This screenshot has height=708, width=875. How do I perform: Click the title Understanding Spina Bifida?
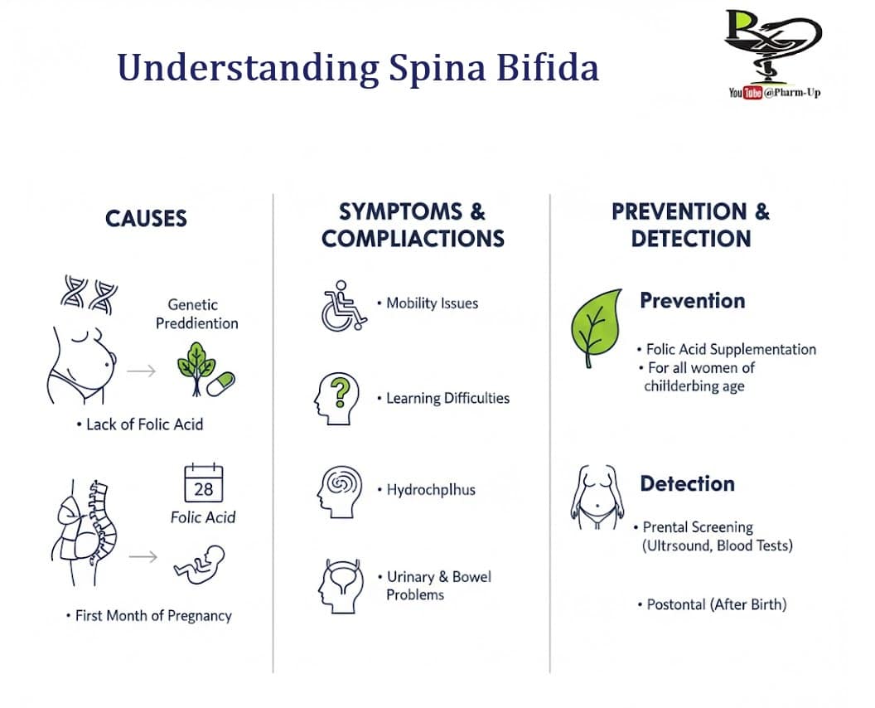click(357, 68)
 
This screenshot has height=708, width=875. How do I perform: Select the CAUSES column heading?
click(146, 219)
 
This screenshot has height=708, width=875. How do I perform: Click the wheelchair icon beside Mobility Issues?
click(343, 306)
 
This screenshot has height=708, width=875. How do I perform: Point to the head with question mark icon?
click(337, 398)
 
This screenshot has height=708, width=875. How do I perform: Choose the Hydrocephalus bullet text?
click(431, 490)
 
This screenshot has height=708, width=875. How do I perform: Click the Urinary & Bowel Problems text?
click(438, 585)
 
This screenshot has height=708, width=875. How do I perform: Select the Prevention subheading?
click(692, 301)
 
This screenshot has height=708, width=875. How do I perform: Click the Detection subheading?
click(687, 484)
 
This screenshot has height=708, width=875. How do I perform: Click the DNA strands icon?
click(89, 294)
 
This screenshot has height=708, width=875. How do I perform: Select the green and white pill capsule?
click(221, 383)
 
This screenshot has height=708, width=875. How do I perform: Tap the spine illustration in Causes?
click(98, 522)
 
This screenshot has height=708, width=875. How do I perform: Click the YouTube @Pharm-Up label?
click(774, 93)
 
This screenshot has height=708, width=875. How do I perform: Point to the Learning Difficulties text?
click(447, 399)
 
